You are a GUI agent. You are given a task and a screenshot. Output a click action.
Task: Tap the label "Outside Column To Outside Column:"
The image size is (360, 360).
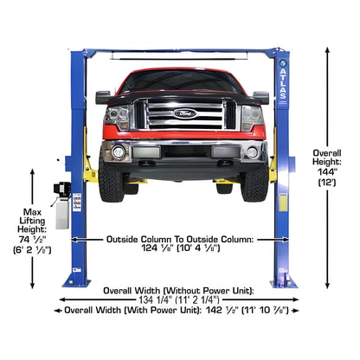(180, 238)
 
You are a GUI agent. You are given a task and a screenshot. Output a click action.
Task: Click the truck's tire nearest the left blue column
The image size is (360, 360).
(111, 182)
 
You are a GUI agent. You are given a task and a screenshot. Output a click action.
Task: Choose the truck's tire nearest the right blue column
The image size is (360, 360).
(254, 182)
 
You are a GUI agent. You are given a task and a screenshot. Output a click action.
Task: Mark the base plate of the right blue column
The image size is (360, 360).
(283, 282)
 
